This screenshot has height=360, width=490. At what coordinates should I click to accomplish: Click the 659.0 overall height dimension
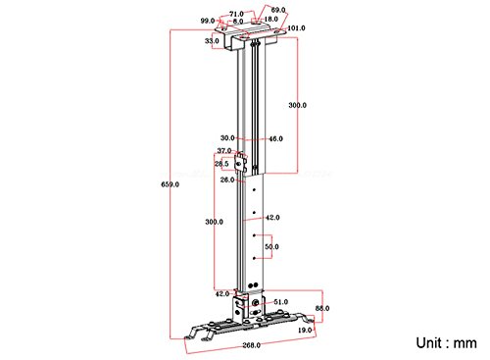coord(170,184)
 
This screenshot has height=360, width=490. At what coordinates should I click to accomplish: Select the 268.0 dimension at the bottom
coord(251,345)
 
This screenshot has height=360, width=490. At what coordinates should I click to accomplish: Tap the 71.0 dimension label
coord(236,14)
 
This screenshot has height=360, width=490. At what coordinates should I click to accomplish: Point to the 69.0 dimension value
coord(278,10)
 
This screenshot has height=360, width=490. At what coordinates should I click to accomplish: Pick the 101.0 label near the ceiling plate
coord(296,28)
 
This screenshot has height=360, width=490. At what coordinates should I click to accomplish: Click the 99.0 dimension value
coord(208,21)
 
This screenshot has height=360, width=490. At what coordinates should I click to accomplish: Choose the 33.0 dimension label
coord(212,41)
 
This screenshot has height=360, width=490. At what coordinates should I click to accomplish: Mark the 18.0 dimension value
coord(270,20)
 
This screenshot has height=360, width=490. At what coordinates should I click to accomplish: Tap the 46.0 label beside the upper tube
coord(275,139)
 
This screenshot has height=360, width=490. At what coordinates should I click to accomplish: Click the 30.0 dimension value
coord(227,138)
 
